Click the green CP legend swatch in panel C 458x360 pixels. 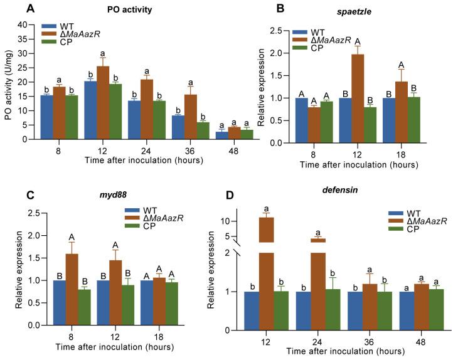tap(134, 229)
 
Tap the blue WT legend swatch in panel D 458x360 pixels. tap(381, 213)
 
